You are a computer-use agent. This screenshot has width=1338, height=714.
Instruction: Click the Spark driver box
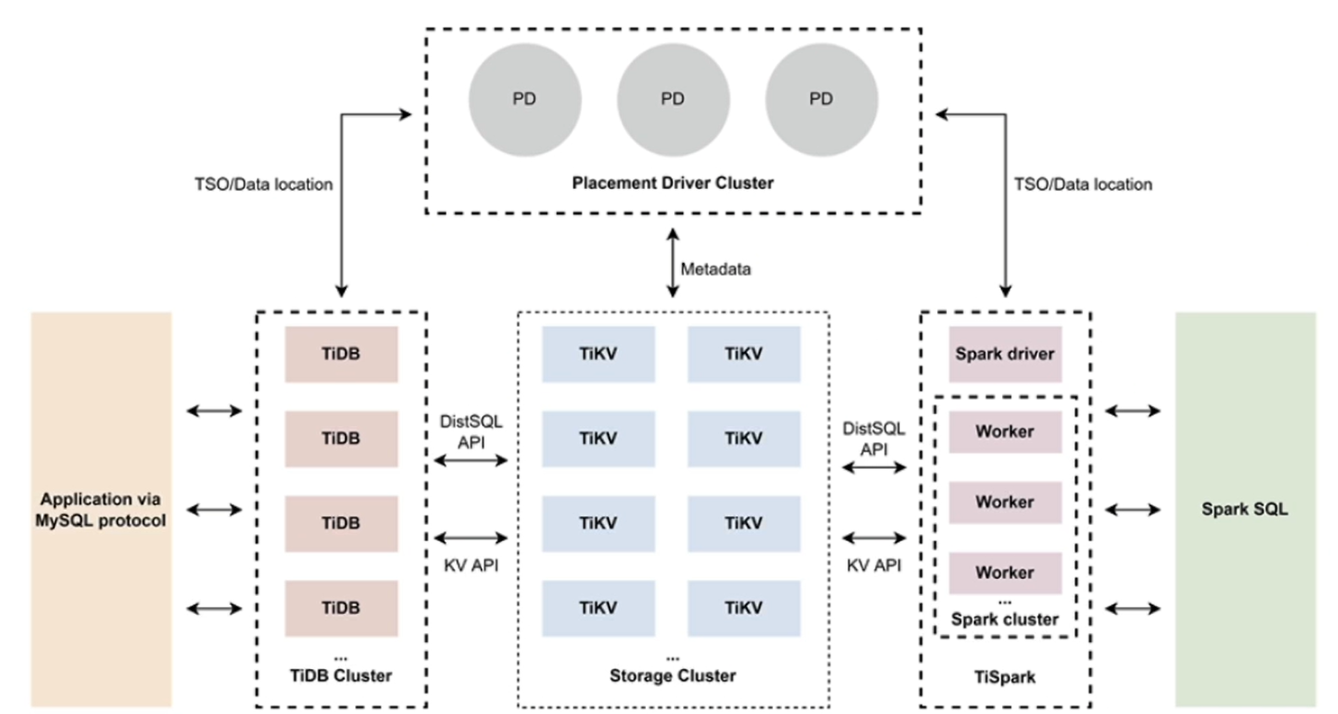(1005, 354)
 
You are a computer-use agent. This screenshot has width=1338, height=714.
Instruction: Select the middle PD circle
(673, 99)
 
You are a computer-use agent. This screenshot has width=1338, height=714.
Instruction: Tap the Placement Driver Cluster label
(673, 183)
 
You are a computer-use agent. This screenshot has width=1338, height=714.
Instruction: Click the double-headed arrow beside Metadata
(672, 262)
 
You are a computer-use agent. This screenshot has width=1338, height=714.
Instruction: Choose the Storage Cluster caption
(672, 675)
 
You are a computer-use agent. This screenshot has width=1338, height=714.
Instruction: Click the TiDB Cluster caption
(341, 675)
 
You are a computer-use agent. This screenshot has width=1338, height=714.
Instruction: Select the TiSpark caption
(1005, 675)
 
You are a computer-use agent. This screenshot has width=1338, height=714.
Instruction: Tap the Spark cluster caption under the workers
(1005, 619)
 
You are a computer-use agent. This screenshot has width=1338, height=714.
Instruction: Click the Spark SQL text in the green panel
(1244, 509)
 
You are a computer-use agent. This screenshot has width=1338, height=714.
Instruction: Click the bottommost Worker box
(1005, 573)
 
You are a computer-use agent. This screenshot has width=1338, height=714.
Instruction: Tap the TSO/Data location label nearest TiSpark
(1081, 185)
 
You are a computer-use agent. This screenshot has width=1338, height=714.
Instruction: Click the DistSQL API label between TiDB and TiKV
(471, 430)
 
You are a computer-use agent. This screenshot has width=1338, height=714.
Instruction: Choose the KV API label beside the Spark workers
(873, 565)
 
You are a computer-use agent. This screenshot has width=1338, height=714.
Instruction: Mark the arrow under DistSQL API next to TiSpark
(873, 467)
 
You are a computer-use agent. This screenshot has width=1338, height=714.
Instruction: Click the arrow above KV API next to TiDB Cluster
(471, 538)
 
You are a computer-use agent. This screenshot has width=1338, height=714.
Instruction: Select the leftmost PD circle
(524, 99)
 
